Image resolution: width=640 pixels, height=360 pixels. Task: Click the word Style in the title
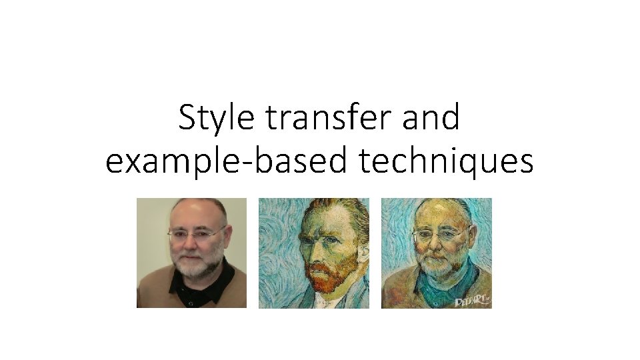[x=217, y=119]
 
